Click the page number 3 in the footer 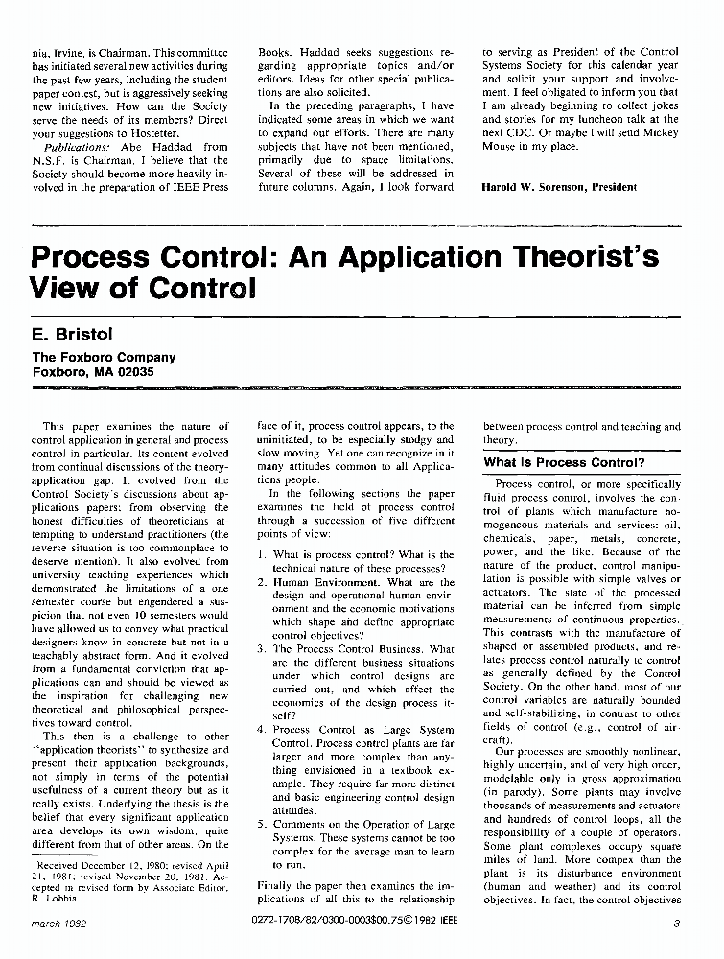[676, 924]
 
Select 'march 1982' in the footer [60, 924]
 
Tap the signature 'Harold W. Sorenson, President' [559, 187]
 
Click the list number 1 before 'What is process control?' [262, 555]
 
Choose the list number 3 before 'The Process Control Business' [262, 649]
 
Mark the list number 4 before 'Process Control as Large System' [262, 730]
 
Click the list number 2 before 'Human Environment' [262, 582]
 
